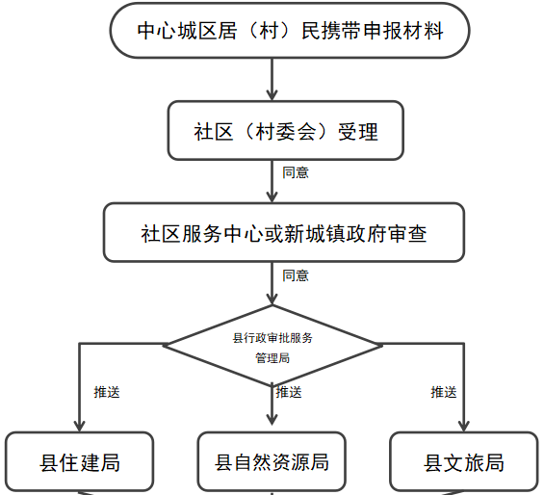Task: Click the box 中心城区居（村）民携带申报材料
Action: [290, 31]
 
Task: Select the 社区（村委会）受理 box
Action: [286, 131]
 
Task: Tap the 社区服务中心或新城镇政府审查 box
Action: [284, 232]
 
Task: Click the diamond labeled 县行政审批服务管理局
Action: [272, 346]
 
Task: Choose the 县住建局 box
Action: [80, 461]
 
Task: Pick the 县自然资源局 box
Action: [272, 461]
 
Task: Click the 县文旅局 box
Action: [464, 461]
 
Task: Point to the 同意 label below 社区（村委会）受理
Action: [296, 172]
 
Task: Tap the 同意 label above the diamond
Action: [296, 275]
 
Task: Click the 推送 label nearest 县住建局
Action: [107, 392]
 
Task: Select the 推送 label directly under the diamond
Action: [289, 392]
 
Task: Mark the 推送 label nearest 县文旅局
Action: [444, 392]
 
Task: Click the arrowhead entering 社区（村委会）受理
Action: [272, 94]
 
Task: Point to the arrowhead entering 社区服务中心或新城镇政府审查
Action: [272, 196]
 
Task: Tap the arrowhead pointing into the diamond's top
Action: [272, 299]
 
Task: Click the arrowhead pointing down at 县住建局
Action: [80, 426]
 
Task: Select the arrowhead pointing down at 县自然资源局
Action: [272, 419]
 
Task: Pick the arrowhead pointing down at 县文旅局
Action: [464, 426]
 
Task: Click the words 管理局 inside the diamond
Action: [272, 358]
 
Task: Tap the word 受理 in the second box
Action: [358, 132]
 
